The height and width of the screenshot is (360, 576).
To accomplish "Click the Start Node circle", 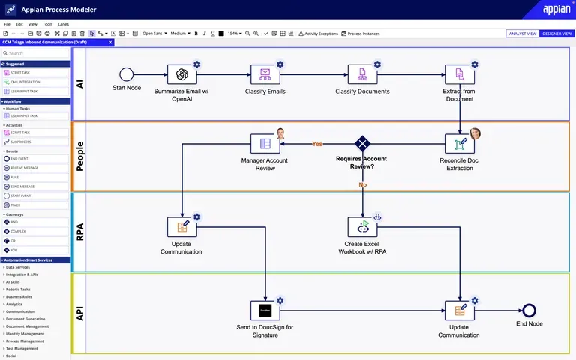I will pos(126,73).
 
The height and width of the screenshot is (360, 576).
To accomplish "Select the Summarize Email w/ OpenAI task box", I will pos(181,74).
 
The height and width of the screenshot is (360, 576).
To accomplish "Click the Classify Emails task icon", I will pos(265,74).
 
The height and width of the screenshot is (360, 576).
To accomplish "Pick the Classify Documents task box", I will pos(362,74).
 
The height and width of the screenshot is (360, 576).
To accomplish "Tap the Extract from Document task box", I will pos(459,74).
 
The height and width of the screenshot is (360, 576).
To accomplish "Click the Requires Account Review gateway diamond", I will pos(363,143).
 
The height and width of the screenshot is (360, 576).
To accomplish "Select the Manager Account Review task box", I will pos(265,143).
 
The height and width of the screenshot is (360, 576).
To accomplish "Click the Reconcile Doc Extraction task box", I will pos(459,143).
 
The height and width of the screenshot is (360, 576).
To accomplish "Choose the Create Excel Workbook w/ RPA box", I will pos(362,226).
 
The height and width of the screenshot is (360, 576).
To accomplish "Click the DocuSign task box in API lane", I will pos(265,310).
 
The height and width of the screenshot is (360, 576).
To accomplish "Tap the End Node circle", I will pos(529,310).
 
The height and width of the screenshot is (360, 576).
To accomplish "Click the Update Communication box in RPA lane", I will pos(181,226).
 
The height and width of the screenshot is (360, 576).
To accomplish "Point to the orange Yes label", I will pos(317,144).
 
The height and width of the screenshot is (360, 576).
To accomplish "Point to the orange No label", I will pos(362,184).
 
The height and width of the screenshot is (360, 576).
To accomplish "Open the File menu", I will pos(7,24).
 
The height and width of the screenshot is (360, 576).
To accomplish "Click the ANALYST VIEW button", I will pos(523,34).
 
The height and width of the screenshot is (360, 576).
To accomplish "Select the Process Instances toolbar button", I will pos(361,34).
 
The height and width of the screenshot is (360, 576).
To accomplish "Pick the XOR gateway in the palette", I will pos(16,250).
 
